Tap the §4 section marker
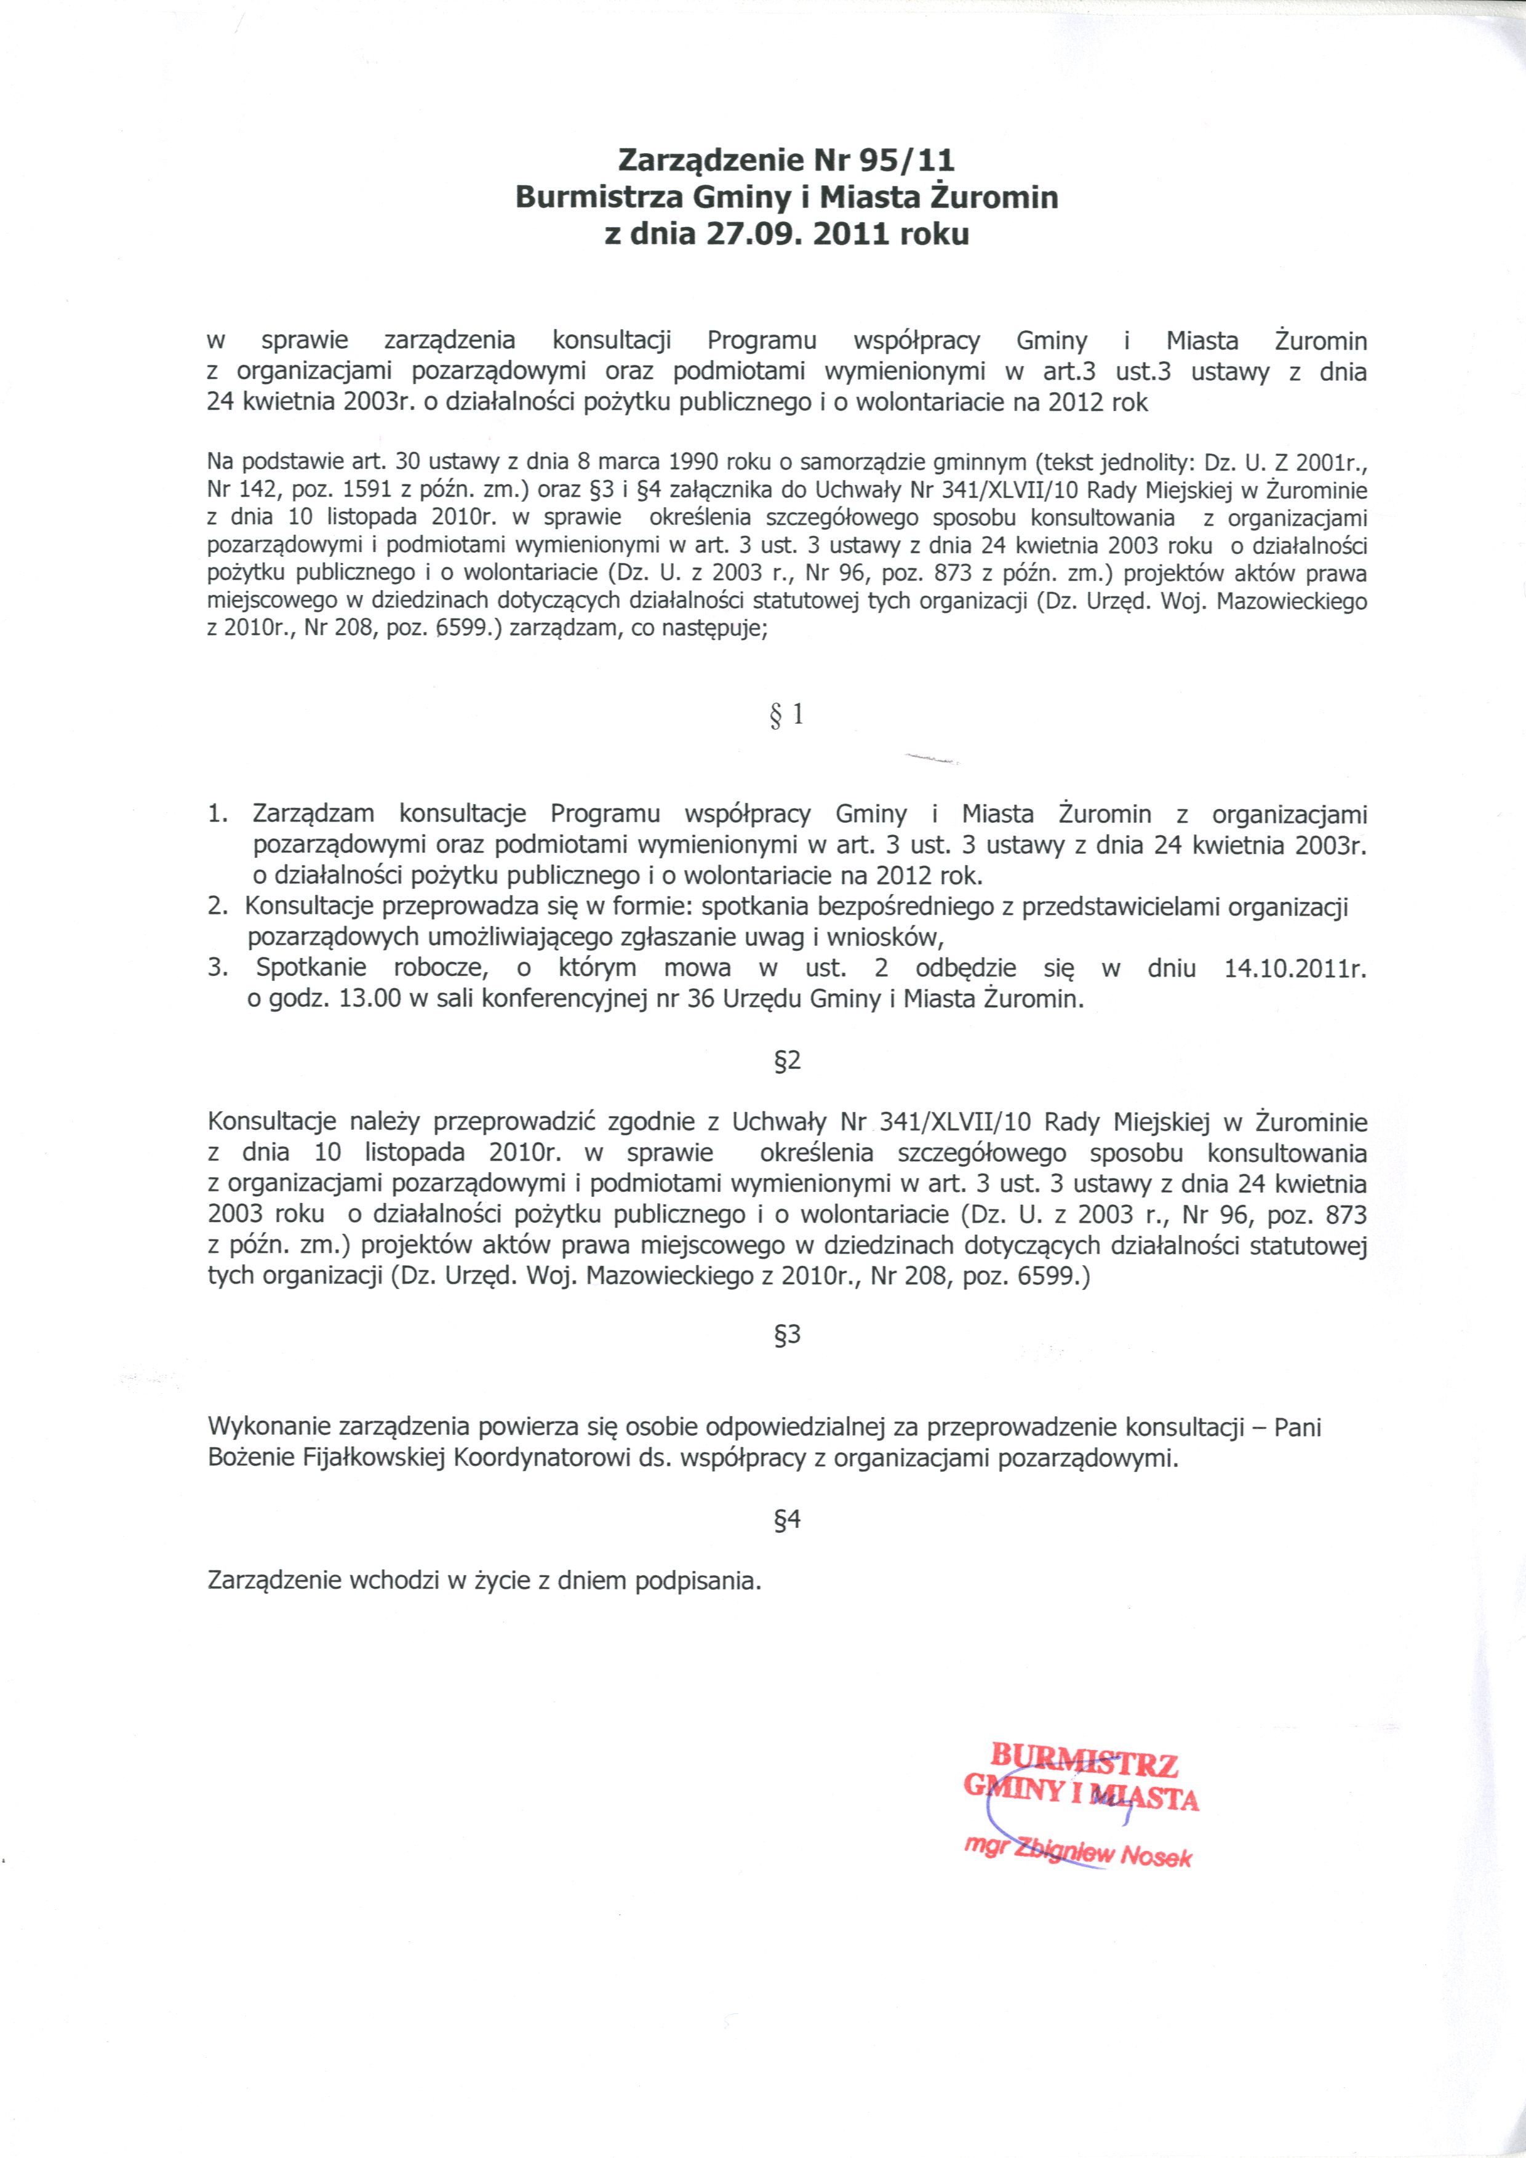[788, 1520]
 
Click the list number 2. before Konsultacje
[218, 907]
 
